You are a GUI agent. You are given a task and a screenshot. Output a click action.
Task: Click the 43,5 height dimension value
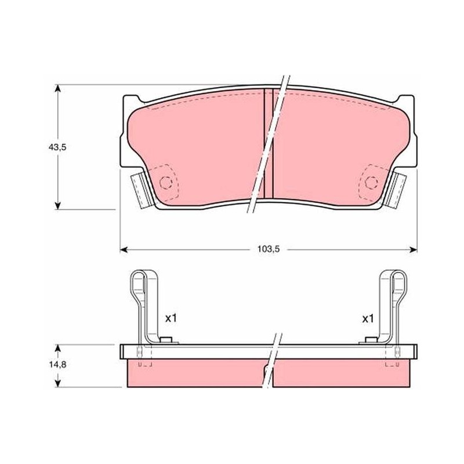click(x=57, y=147)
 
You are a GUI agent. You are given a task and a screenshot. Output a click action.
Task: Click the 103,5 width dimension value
click(x=269, y=249)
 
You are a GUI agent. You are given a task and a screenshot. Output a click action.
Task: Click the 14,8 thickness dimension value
click(x=57, y=365)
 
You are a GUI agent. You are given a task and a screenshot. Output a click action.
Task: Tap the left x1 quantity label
click(x=171, y=318)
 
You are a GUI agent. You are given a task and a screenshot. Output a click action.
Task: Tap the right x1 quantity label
click(x=368, y=318)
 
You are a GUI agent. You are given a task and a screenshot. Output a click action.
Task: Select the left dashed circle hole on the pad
click(x=165, y=183)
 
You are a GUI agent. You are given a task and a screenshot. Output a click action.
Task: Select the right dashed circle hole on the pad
click(x=371, y=182)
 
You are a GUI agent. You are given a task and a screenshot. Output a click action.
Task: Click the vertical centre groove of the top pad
click(x=269, y=143)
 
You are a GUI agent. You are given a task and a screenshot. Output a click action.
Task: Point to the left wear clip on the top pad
click(x=142, y=191)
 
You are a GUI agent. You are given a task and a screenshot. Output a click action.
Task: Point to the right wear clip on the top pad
click(x=395, y=191)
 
